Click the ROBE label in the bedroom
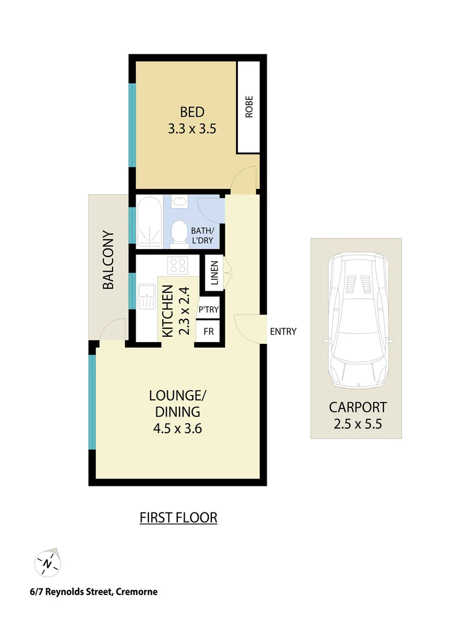[249, 107]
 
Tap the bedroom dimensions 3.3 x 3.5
[192, 129]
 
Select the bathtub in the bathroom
[150, 222]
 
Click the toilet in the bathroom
[180, 233]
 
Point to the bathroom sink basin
[180, 202]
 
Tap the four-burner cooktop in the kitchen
[178, 266]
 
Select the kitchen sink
[146, 297]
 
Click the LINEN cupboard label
[214, 273]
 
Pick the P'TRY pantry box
[208, 310]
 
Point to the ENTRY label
[283, 331]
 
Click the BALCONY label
[108, 259]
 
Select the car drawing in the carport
[358, 321]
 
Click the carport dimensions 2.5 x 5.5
[358, 424]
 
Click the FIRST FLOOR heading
[178, 517]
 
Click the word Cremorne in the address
[136, 592]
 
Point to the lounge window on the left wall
[92, 402]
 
